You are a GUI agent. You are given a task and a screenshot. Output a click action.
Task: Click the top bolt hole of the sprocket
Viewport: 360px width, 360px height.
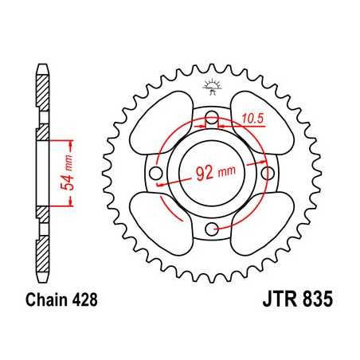tap(211, 120)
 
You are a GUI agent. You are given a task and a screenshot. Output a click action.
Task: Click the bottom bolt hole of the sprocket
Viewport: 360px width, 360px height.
tap(211, 229)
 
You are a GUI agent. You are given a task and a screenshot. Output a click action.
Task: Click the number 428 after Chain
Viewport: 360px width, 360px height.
tap(84, 303)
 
